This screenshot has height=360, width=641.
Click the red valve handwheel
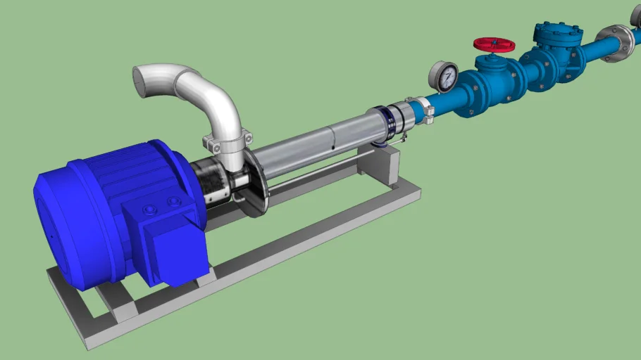click(494, 44)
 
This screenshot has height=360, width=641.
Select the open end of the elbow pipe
click(146, 81)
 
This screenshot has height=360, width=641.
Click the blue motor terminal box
click(169, 243)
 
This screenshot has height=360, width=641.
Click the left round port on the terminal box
click(149, 211)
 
